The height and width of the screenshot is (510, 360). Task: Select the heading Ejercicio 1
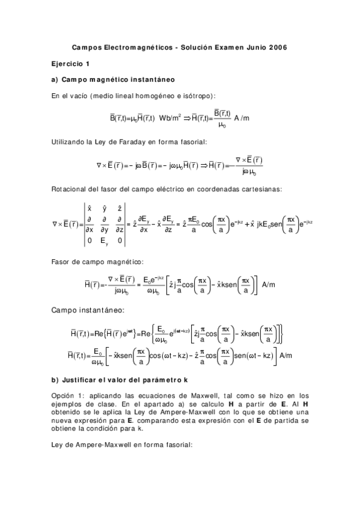pos(70,63)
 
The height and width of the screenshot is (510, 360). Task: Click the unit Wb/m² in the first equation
pos(171,118)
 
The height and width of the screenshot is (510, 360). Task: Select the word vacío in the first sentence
pos(79,96)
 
